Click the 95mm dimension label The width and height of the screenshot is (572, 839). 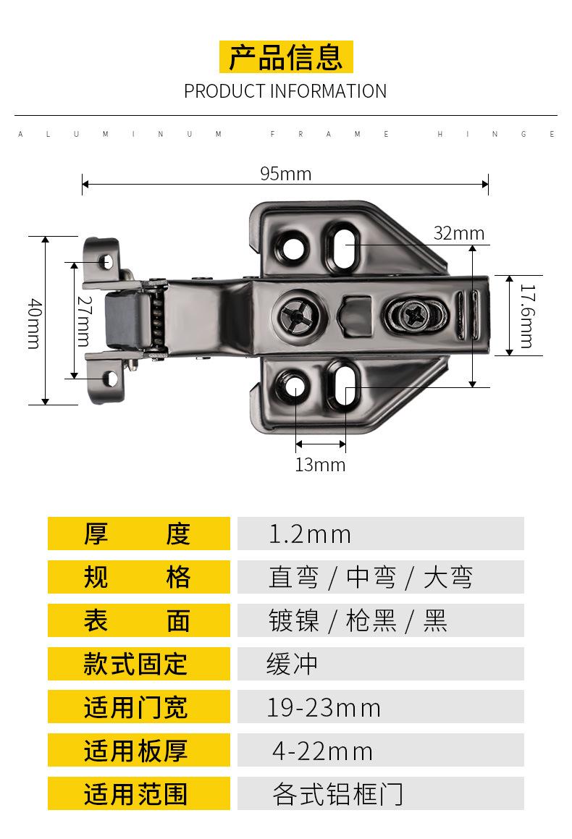coord(286,174)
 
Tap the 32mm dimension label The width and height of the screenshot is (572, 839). coord(458,233)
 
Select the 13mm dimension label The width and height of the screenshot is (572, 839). coord(320,465)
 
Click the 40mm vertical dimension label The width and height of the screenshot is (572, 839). coord(34,324)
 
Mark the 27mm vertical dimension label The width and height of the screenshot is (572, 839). coord(85,321)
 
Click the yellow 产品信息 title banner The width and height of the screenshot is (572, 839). coord(286,56)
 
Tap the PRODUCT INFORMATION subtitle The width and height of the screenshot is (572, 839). coord(285,91)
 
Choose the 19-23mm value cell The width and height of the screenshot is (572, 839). coord(380,707)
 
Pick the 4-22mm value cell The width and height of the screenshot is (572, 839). coord(380,750)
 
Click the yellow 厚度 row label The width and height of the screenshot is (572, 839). coord(138,534)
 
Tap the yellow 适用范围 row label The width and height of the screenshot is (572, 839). coord(138,793)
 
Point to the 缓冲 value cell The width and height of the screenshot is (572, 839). coord(380,664)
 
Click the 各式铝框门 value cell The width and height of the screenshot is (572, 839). coord(380,793)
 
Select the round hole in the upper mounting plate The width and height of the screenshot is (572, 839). coord(293,247)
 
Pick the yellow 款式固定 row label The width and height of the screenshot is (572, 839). coord(138,664)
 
